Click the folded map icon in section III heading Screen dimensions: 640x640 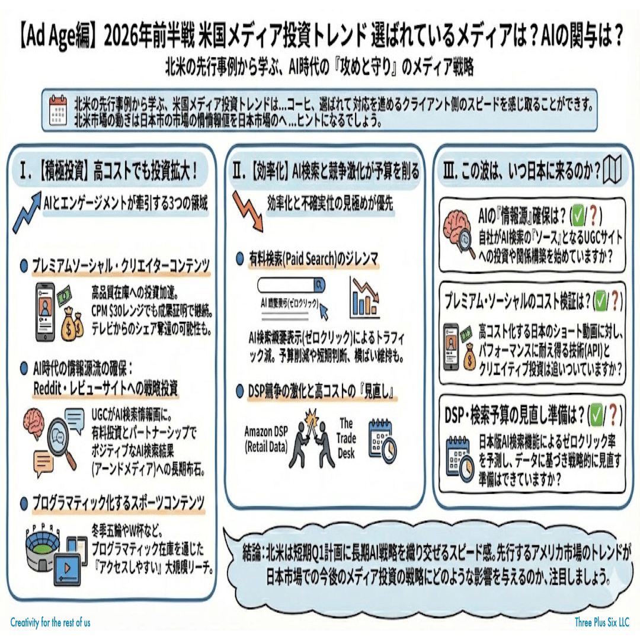coord(611,171)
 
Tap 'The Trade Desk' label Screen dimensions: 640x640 coord(347,437)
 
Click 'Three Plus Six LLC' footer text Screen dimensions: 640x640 coord(601,622)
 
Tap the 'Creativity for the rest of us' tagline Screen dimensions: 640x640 coord(50,622)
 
